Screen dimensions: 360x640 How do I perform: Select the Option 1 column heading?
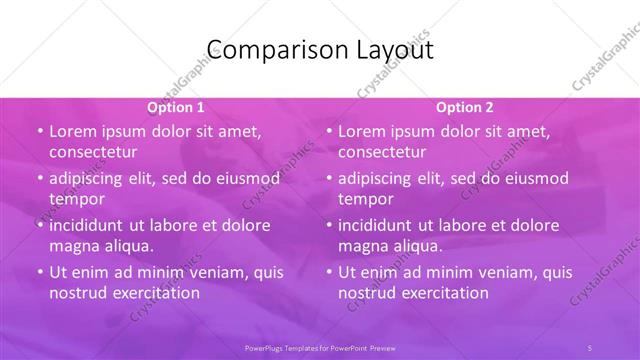176,107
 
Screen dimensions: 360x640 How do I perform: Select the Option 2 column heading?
465,107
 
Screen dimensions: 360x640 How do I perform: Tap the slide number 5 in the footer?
590,347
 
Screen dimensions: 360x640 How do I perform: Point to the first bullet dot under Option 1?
39,132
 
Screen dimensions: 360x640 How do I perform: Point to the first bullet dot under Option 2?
328,132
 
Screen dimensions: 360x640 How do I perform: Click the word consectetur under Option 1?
93,152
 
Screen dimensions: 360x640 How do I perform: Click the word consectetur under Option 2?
382,152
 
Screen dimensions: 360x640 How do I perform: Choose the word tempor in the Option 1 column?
77,199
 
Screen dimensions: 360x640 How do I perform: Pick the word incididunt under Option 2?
381,225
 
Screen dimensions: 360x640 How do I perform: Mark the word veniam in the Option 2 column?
488,272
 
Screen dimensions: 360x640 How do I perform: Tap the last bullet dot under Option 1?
39,272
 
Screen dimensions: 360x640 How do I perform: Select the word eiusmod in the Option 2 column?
534,179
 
